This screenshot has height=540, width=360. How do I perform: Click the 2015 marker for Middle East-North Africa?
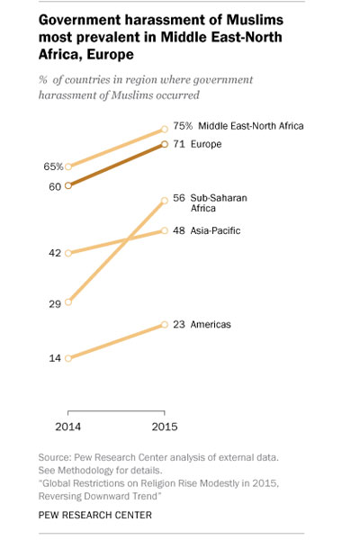(165, 129)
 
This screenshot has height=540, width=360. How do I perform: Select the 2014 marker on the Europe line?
(68, 185)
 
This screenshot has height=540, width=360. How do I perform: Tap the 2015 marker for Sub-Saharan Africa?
(165, 201)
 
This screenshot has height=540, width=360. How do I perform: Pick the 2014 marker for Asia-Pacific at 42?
(68, 253)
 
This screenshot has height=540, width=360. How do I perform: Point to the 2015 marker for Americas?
(165, 325)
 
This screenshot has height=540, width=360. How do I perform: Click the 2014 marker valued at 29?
(68, 302)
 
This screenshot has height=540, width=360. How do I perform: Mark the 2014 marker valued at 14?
(68, 358)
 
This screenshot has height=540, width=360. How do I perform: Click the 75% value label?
(183, 126)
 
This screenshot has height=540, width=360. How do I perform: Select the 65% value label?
(53, 166)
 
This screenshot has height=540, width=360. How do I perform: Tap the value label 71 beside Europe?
(179, 144)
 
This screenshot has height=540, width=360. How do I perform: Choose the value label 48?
(179, 230)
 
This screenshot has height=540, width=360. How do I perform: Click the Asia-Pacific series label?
(215, 230)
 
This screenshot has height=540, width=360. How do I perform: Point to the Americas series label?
(211, 324)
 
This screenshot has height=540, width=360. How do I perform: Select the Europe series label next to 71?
(206, 144)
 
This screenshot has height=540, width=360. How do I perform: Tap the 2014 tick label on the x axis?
(68, 427)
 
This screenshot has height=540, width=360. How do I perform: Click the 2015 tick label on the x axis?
(165, 427)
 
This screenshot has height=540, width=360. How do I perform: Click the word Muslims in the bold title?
(255, 20)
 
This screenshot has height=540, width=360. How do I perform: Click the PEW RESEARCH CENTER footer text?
(95, 515)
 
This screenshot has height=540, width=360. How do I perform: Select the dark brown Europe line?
(116, 165)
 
